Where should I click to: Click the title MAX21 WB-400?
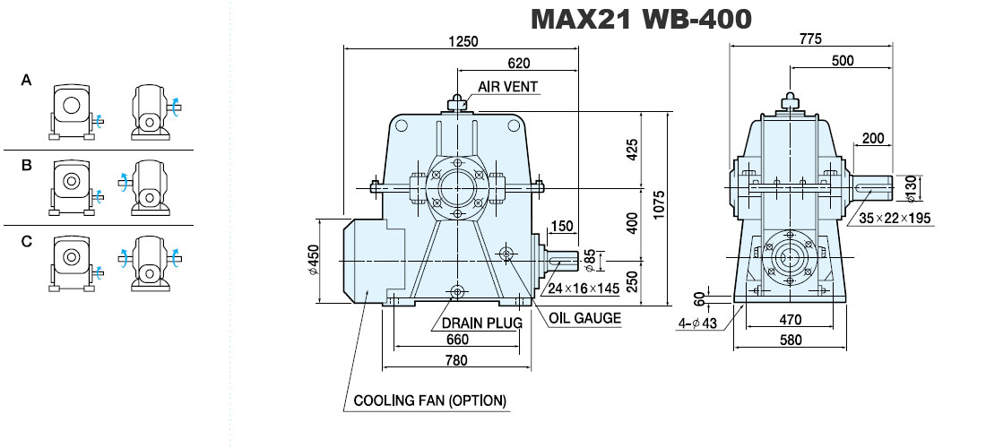[641, 20]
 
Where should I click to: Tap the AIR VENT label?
[508, 87]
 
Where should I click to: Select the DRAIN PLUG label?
[481, 323]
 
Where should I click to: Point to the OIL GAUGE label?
[584, 318]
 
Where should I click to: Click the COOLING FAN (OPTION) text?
[430, 401]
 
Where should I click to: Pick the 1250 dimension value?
[463, 41]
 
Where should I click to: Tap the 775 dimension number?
[810, 39]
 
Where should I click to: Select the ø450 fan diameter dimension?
[313, 260]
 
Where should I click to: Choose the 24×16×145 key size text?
[584, 289]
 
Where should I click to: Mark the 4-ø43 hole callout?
[697, 323]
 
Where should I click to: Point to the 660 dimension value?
[457, 340]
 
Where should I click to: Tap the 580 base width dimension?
[791, 340]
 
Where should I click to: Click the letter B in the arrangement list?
[26, 165]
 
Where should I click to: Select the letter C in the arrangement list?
[26, 241]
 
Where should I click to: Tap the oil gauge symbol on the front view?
[506, 254]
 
